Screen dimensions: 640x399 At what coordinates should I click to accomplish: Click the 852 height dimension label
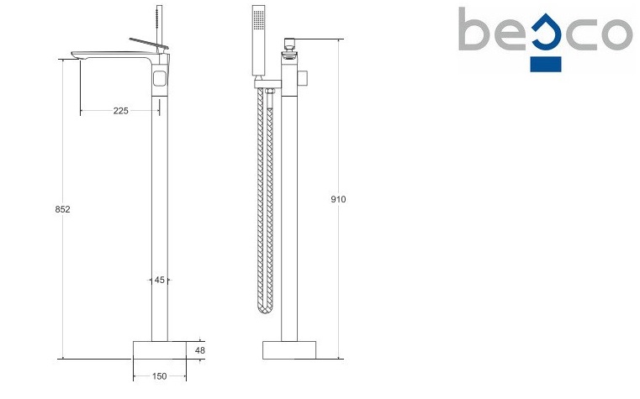[x=62, y=209]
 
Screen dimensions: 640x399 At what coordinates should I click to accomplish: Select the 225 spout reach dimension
[x=121, y=111]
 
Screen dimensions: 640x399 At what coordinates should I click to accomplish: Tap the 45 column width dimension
[x=160, y=280]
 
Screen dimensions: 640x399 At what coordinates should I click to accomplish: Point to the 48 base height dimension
[x=200, y=350]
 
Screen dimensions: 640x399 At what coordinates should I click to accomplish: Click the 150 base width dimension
[x=160, y=376]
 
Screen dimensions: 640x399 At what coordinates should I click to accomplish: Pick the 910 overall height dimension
[x=338, y=199]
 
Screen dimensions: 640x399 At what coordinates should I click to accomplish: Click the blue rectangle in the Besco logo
[x=546, y=65]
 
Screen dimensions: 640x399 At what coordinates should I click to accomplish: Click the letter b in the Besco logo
[x=473, y=29]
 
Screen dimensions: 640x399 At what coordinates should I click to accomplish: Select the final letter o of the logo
[x=614, y=34]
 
